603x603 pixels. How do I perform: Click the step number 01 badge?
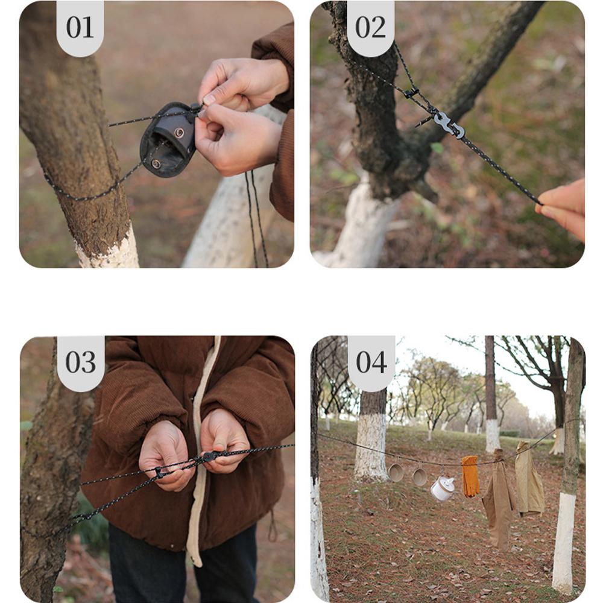pos(80,28)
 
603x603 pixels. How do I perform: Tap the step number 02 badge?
pos(370,28)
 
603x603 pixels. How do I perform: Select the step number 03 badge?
pos(81,362)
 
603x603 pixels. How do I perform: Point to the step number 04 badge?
pos(371,362)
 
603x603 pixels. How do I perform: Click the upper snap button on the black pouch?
pos(179,133)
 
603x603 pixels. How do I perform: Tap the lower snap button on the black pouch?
pos(156,164)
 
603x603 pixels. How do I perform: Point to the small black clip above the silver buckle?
pos(412,93)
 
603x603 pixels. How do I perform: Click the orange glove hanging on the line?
pos(470,476)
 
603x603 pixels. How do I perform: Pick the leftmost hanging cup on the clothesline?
pos(396,472)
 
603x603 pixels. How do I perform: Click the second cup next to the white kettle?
pos(420,477)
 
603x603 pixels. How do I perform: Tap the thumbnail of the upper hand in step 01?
pos(210,99)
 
